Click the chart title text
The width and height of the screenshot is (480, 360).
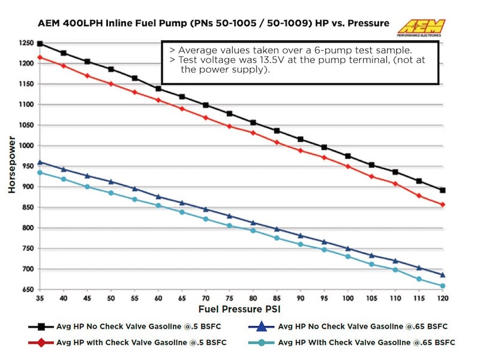pyautogui.click(x=213, y=23)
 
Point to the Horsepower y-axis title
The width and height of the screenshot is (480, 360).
pyautogui.click(x=12, y=165)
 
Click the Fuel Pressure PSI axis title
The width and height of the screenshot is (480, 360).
pyautogui.click(x=240, y=309)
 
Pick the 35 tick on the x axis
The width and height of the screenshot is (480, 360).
pyautogui.click(x=39, y=298)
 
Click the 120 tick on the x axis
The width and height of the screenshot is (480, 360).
pyautogui.click(x=442, y=298)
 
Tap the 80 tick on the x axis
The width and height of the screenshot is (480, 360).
pyautogui.click(x=253, y=298)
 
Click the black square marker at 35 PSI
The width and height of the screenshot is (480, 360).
pyautogui.click(x=40, y=44)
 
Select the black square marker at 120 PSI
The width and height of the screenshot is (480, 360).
pyautogui.click(x=442, y=190)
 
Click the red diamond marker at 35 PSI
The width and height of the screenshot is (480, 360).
pyautogui.click(x=40, y=57)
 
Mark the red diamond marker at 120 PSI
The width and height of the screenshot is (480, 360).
pyautogui.click(x=442, y=205)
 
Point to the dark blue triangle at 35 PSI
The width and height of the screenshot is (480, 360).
pyautogui.click(x=40, y=162)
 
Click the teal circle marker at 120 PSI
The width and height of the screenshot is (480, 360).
pyautogui.click(x=442, y=285)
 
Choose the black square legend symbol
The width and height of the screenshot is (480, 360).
pyautogui.click(x=41, y=327)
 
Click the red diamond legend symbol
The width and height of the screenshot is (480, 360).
pyautogui.click(x=41, y=343)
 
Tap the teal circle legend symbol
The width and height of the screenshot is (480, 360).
pyautogui.click(x=263, y=343)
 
